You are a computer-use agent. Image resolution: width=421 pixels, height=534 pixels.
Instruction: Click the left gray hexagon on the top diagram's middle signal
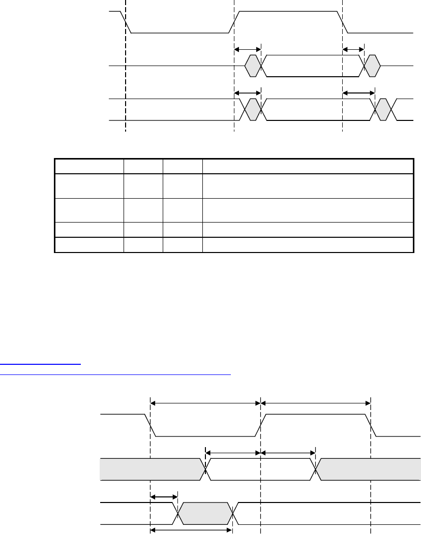[252, 66]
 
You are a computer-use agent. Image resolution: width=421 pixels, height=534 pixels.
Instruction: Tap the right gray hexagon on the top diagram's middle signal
[372, 66]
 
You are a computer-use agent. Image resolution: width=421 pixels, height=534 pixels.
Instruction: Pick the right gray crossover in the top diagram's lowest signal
[383, 110]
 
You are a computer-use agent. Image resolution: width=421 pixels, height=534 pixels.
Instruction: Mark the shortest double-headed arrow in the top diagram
[353, 49]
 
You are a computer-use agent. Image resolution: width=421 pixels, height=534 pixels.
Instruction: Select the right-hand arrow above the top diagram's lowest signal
[358, 93]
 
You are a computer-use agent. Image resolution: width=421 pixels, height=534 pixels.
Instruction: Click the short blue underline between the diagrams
[41, 364]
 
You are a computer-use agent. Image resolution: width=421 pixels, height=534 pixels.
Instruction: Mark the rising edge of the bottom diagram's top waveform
[260, 425]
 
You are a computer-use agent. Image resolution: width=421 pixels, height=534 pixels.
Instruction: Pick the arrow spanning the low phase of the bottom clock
[205, 403]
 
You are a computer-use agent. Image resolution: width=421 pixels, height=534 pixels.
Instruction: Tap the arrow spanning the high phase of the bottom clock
[315, 403]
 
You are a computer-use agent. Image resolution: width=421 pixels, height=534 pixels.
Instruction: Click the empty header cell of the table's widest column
[307, 166]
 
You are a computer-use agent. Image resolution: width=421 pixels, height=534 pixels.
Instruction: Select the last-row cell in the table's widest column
[307, 245]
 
